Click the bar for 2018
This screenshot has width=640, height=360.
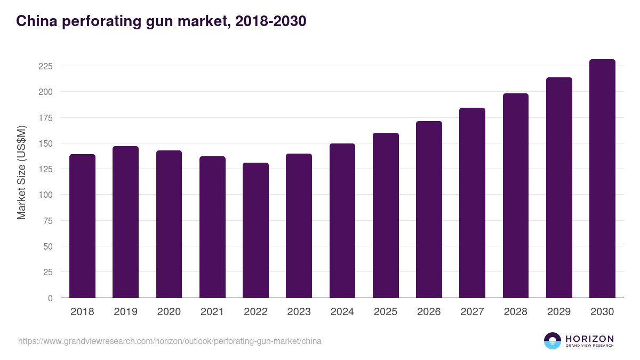pyautogui.click(x=82, y=226)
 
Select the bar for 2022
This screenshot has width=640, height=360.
pyautogui.click(x=255, y=230)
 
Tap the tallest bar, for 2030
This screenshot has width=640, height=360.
pyautogui.click(x=602, y=179)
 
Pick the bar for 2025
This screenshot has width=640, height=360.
pyautogui.click(x=386, y=215)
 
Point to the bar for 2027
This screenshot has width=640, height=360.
pyautogui.click(x=472, y=203)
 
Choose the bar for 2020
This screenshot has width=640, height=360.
pyautogui.click(x=169, y=224)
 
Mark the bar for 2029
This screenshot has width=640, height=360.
pyautogui.click(x=559, y=188)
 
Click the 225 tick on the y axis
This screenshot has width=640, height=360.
pyautogui.click(x=45, y=66)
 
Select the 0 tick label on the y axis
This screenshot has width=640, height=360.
pyautogui.click(x=50, y=298)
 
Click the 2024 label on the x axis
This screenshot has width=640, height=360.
pyautogui.click(x=342, y=312)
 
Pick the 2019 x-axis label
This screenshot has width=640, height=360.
pyautogui.click(x=125, y=312)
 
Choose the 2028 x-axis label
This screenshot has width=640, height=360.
pyautogui.click(x=515, y=312)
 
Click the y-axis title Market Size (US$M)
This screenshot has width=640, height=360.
pyautogui.click(x=21, y=172)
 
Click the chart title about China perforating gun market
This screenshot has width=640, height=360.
pyautogui.click(x=161, y=21)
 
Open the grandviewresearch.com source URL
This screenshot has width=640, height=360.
pyautogui.click(x=170, y=341)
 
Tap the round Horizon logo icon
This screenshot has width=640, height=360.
pyautogui.click(x=553, y=341)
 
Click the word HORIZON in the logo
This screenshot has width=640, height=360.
pyautogui.click(x=589, y=338)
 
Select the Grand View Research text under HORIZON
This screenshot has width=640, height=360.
pyautogui.click(x=589, y=346)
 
